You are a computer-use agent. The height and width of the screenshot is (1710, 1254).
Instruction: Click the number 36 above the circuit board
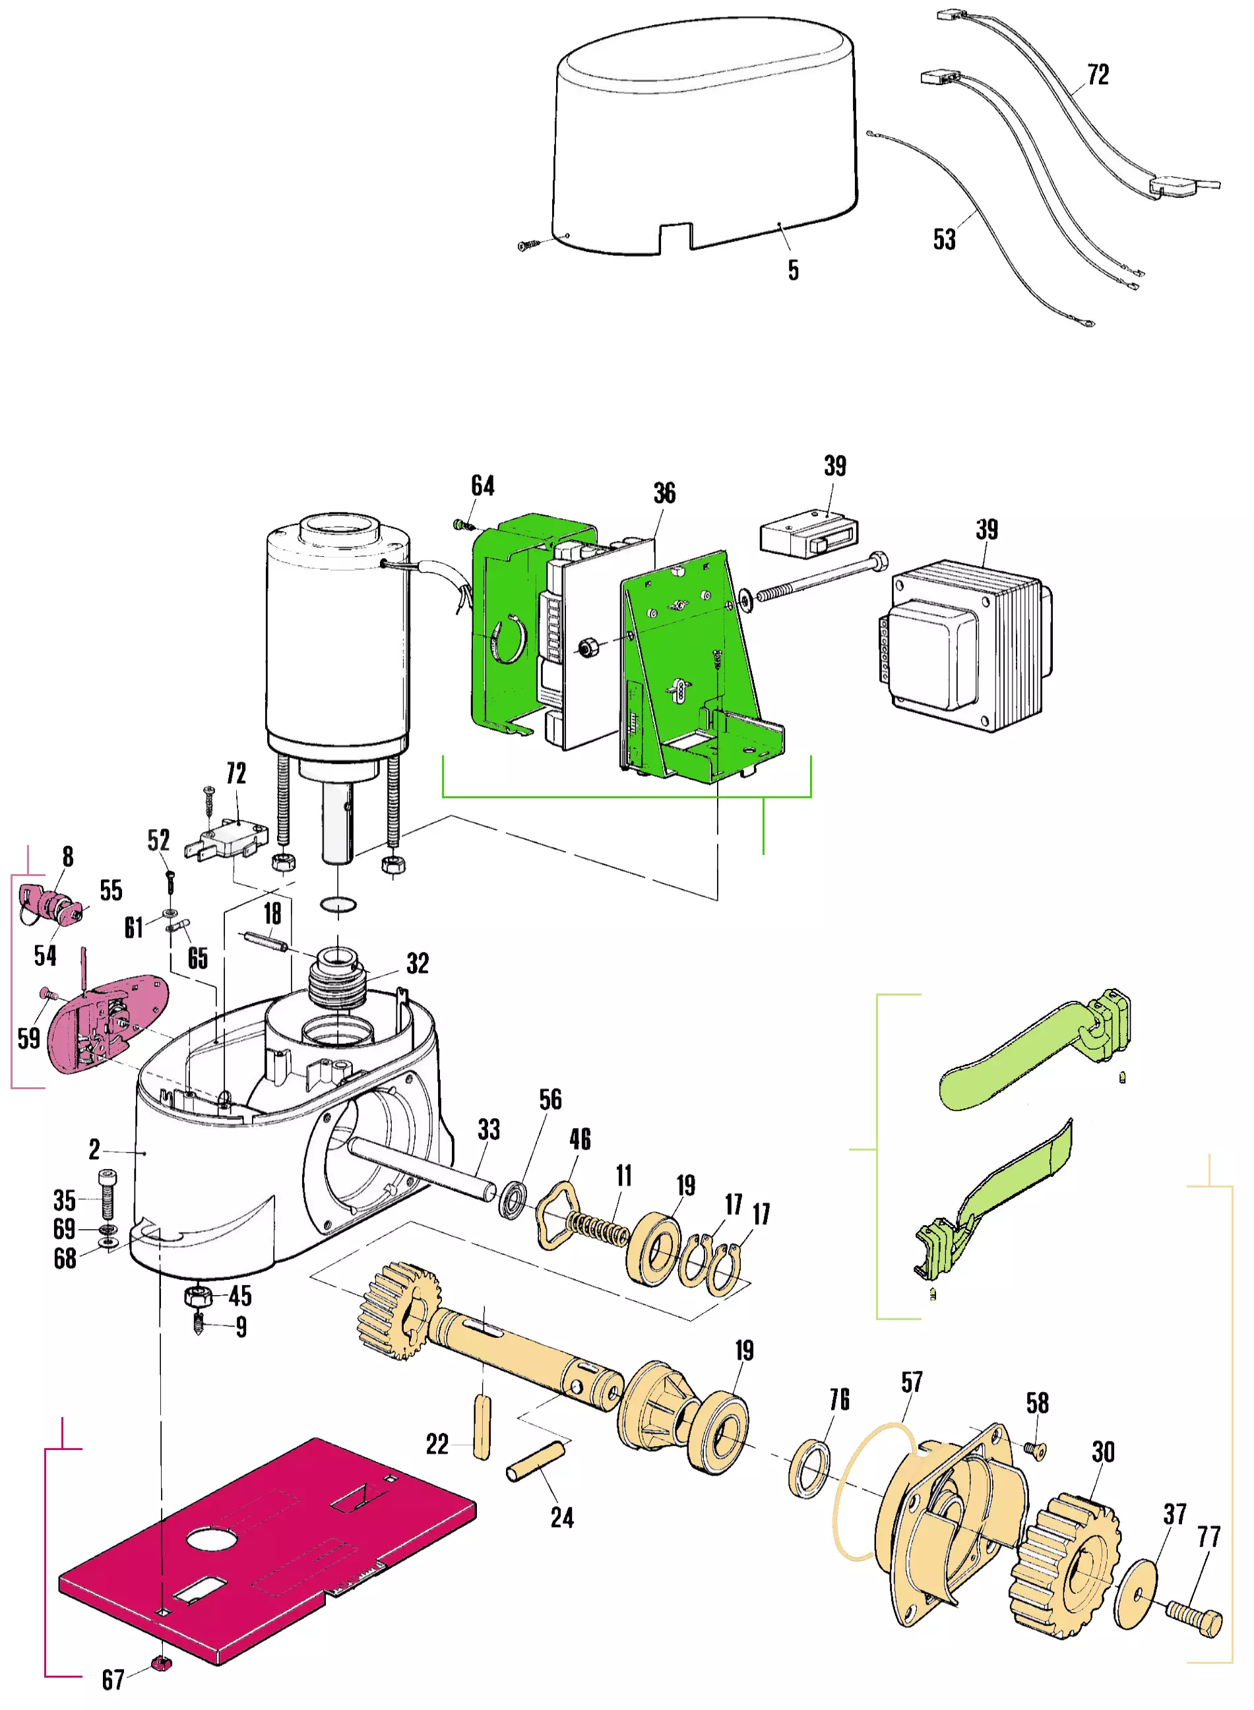pos(664,493)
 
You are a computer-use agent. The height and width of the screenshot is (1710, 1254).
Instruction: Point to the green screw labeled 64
pos(458,524)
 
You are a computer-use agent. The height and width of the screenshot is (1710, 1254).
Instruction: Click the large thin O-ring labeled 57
pos(865,1492)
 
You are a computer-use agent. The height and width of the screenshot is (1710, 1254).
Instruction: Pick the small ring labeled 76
pos(809,1468)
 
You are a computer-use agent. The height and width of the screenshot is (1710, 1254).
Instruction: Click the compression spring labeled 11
pos(599,1227)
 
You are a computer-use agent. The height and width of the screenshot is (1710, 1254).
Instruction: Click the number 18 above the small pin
pos(272,913)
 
